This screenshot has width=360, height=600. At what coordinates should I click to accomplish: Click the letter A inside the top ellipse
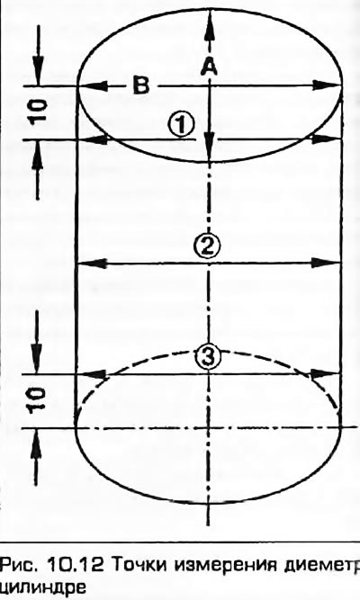(209, 68)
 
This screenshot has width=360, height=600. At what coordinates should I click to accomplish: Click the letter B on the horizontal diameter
(141, 85)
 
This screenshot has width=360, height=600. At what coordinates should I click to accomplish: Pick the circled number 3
(208, 357)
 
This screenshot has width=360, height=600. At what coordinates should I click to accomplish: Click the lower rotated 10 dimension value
(40, 399)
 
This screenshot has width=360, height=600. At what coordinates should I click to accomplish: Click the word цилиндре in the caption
(40, 587)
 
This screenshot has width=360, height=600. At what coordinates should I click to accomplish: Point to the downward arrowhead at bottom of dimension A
(209, 150)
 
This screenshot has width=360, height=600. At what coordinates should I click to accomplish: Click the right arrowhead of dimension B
(328, 85)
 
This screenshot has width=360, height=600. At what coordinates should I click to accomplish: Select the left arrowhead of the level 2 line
(91, 263)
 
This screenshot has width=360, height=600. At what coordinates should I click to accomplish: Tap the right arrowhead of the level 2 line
(327, 263)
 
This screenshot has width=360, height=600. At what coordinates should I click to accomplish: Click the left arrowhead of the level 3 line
(94, 374)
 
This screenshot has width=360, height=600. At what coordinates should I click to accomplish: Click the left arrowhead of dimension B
(92, 85)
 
